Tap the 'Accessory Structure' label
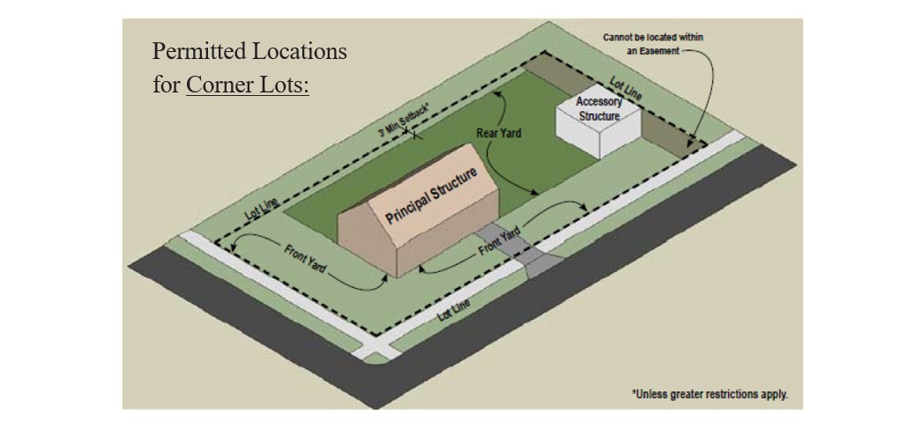point(599,108)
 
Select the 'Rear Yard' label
point(499,133)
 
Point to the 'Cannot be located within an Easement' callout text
point(652,44)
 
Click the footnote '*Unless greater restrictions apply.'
point(710,394)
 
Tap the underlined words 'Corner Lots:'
point(248,86)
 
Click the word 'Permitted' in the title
point(196,51)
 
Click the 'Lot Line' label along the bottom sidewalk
point(453,310)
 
